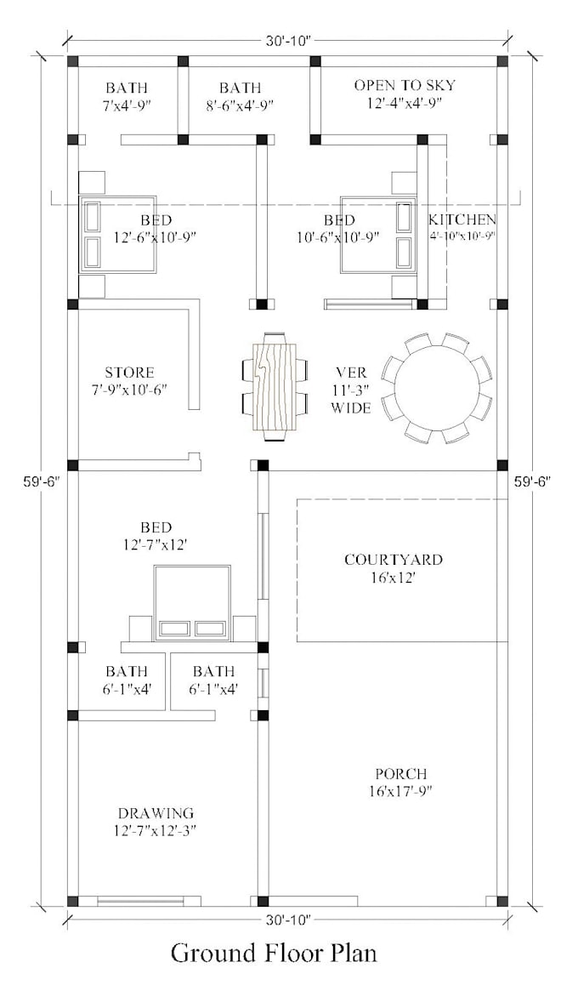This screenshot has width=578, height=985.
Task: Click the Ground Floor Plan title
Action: click(x=274, y=952)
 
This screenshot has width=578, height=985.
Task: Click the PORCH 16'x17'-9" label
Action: click(x=401, y=782)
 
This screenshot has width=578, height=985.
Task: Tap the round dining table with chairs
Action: click(x=436, y=388)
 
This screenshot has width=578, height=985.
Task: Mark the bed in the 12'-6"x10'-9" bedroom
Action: click(x=118, y=235)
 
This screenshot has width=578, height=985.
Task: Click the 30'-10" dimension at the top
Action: click(x=288, y=39)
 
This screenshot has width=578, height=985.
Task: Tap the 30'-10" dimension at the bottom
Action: click(x=288, y=919)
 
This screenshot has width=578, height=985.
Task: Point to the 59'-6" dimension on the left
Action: click(x=40, y=481)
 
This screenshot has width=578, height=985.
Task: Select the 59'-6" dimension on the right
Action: click(x=533, y=481)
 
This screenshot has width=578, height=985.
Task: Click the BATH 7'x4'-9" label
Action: click(x=126, y=96)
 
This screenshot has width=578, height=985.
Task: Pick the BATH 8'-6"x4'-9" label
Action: click(x=240, y=96)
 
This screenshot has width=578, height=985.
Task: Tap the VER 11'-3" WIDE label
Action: click(x=351, y=390)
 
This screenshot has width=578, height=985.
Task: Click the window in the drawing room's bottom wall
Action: click(x=140, y=900)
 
